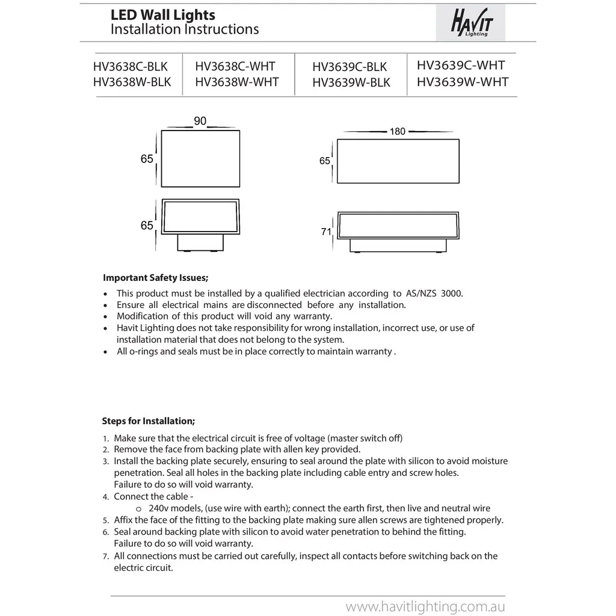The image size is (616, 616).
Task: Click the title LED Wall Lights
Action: (162, 15)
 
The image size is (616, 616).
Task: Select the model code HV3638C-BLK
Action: (131, 66)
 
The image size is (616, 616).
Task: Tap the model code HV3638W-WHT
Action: (237, 82)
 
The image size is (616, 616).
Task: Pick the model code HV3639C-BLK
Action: (350, 67)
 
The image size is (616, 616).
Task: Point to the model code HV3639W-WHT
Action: (462, 82)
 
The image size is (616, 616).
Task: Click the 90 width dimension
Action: (200, 122)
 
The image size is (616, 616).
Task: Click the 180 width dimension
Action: (398, 131)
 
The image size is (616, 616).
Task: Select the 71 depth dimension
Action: (326, 231)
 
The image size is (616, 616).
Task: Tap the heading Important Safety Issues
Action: (156, 278)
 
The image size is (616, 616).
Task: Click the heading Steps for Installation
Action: (149, 421)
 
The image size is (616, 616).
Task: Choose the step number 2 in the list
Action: (106, 450)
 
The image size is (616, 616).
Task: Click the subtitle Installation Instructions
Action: (185, 29)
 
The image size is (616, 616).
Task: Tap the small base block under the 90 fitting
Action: (200, 242)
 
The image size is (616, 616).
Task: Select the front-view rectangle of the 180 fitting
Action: (398, 162)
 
